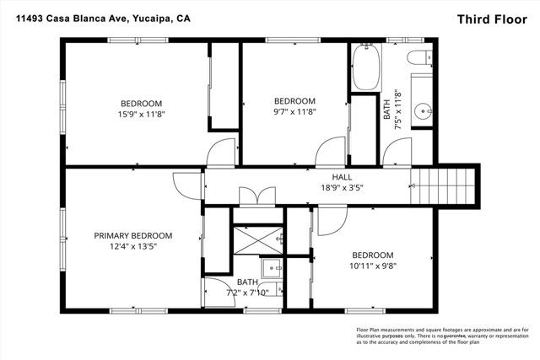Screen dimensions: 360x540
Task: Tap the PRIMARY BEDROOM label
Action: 132,235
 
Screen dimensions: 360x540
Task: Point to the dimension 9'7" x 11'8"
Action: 295,111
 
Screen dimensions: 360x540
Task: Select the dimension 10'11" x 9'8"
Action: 372,266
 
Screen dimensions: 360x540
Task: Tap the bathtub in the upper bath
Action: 366,67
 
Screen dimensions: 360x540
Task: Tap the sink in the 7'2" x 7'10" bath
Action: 273,270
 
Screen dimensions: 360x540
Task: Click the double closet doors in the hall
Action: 256,196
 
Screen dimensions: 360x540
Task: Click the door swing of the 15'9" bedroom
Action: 219,152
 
